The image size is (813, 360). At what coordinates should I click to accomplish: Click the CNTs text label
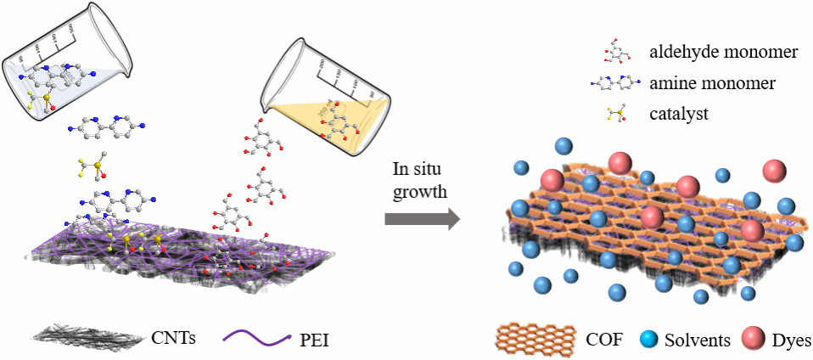click(172, 339)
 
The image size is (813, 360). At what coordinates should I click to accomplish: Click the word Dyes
click(791, 340)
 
